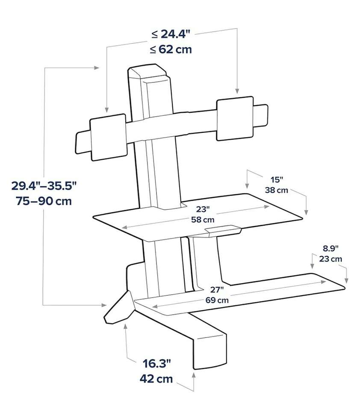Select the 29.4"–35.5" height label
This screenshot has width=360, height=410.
44,186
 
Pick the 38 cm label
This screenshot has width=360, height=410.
276,190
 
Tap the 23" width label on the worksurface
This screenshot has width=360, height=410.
203,210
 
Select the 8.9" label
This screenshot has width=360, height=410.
330,248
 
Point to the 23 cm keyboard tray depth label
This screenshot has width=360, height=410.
330,258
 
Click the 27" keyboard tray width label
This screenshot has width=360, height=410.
217,290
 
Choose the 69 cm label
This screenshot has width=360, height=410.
217,299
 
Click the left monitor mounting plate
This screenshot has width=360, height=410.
108,137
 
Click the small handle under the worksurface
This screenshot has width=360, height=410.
222,231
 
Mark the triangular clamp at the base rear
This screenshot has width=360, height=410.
118,307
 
